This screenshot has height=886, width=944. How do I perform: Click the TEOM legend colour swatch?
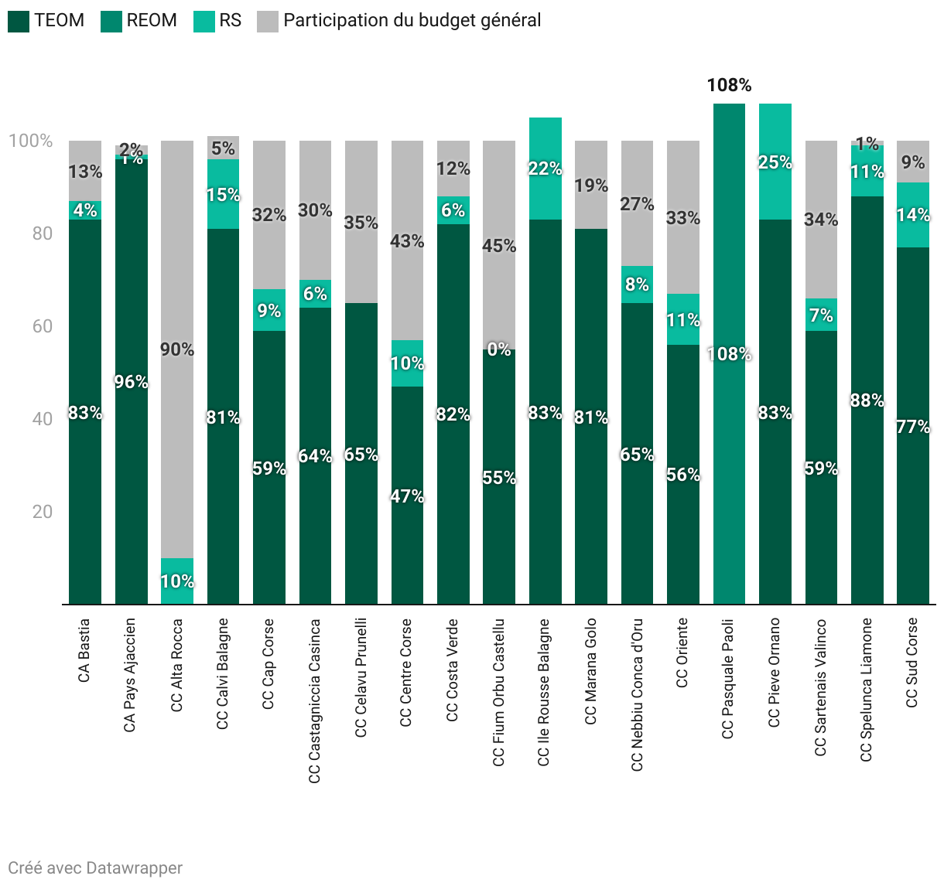19,21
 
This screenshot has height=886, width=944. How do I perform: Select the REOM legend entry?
152,21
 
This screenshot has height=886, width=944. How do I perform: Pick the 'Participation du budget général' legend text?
412,21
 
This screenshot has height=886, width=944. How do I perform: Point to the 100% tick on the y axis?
31,141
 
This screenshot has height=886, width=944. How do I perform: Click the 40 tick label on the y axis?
43,419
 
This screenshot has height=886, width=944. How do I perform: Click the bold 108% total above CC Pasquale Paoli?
729,85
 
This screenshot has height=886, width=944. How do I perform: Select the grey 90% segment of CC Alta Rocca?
177,349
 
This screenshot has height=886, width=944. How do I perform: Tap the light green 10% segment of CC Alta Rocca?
177,581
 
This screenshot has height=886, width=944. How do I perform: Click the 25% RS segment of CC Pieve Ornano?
775,162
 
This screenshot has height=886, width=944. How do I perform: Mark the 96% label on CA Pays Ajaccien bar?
131,382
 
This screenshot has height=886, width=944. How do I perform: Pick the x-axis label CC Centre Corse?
406,673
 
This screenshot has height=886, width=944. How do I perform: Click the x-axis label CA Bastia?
84,650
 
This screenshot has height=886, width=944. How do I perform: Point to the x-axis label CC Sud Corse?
912,663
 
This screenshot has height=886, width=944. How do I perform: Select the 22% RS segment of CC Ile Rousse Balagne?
546,169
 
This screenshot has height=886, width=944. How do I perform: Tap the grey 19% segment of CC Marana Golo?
591,185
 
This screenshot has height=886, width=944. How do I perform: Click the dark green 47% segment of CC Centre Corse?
407,496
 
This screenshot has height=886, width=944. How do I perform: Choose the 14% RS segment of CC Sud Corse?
913,215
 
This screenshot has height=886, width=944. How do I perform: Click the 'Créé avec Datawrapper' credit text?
95,868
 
